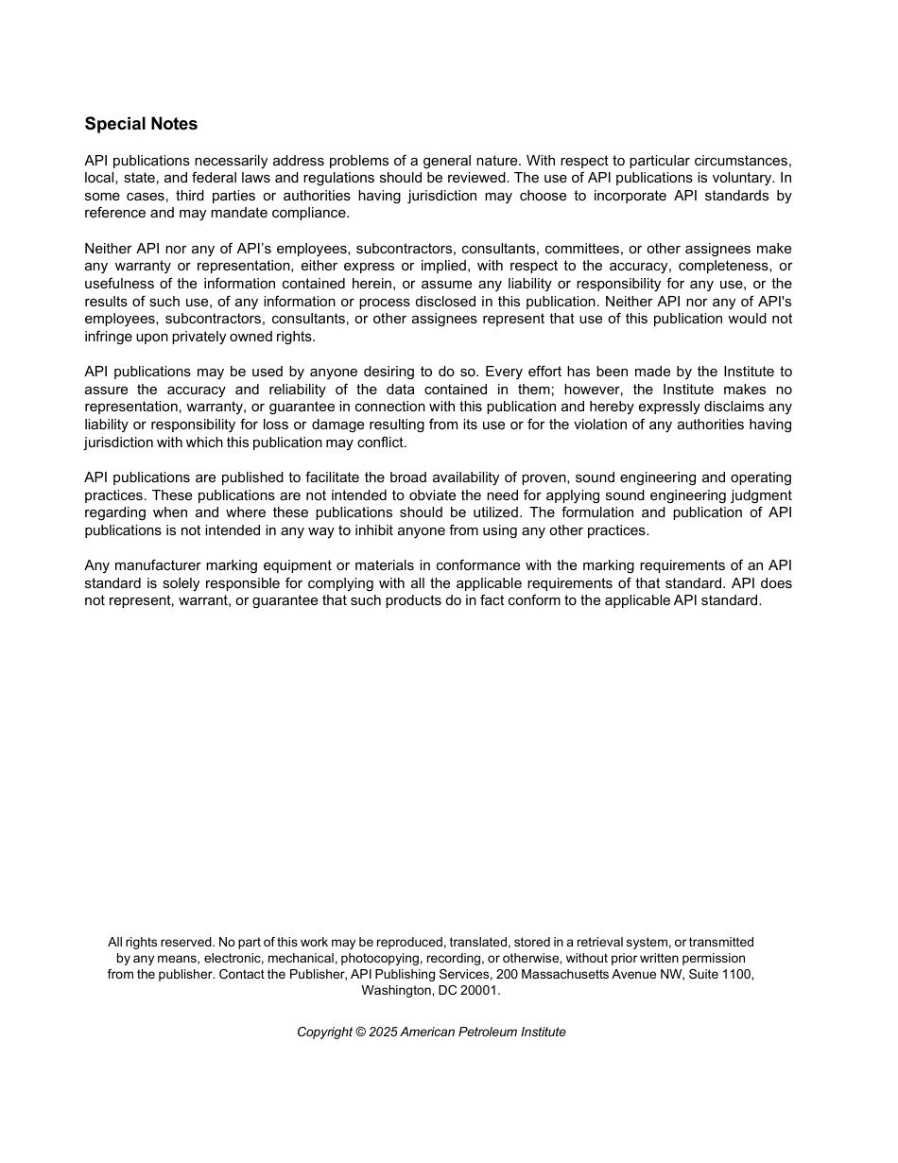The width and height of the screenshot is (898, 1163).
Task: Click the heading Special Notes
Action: click(x=141, y=124)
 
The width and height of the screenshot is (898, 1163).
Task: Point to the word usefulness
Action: click(x=125, y=284)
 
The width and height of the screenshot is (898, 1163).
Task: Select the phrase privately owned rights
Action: click(x=253, y=337)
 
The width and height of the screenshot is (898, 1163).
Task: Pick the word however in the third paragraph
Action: click(x=592, y=390)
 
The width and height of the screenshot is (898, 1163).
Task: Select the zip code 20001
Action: click(x=479, y=991)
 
